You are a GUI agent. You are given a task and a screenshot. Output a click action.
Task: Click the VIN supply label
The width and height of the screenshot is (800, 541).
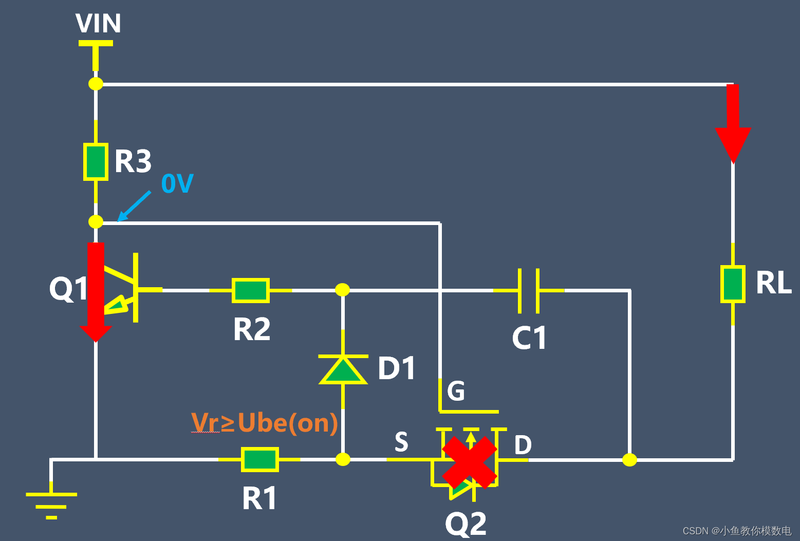98,23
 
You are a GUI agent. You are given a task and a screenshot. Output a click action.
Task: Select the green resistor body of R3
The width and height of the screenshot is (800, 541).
96,161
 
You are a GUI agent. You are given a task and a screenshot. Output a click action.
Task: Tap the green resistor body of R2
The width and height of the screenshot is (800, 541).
251,290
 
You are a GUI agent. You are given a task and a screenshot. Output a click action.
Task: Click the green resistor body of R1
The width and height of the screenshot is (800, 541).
260,459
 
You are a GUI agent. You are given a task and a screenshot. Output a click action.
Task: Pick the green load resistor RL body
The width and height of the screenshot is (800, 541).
733,284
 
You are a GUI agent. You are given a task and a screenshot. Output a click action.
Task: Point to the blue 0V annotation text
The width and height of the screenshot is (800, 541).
177,183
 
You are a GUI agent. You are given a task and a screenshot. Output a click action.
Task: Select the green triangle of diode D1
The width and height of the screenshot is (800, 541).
343,370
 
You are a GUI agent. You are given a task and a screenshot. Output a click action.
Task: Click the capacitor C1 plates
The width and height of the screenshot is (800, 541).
528,290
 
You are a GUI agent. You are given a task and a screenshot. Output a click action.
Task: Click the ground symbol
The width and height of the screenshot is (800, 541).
51,501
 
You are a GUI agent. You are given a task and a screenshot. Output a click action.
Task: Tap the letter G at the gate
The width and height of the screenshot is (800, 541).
456,391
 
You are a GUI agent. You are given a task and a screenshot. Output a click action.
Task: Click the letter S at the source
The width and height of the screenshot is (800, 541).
401,442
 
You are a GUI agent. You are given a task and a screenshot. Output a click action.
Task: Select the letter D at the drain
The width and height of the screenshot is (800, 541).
523,445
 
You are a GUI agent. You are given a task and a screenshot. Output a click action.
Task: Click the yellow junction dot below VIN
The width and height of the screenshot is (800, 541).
96,83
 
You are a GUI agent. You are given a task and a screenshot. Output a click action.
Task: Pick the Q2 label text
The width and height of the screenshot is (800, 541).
466,524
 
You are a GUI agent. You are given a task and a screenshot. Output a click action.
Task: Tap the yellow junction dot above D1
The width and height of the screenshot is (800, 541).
342,290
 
